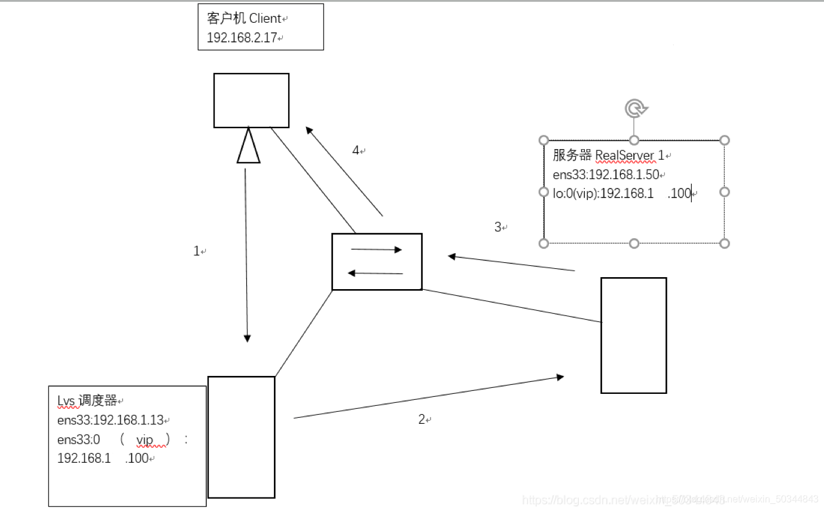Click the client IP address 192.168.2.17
242,37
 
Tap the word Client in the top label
264,19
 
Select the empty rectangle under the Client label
251,100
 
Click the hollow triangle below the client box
248,147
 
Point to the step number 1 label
197,251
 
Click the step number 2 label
422,420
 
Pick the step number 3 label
498,227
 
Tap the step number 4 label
356,150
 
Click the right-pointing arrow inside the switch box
376,250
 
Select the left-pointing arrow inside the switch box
376,273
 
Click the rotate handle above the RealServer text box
635,109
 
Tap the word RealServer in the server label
625,156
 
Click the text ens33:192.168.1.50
606,174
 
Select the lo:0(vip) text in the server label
575,193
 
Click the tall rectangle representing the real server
633,335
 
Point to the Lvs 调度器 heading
87,401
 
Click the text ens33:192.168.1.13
110,420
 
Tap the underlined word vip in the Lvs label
145,440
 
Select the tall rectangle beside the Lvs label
241,437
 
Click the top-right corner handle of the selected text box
724,140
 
